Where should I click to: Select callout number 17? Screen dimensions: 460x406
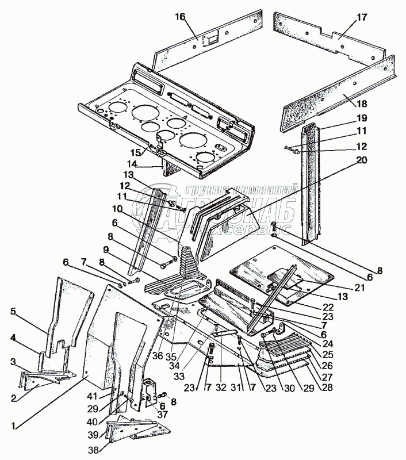(x=361, y=17)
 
